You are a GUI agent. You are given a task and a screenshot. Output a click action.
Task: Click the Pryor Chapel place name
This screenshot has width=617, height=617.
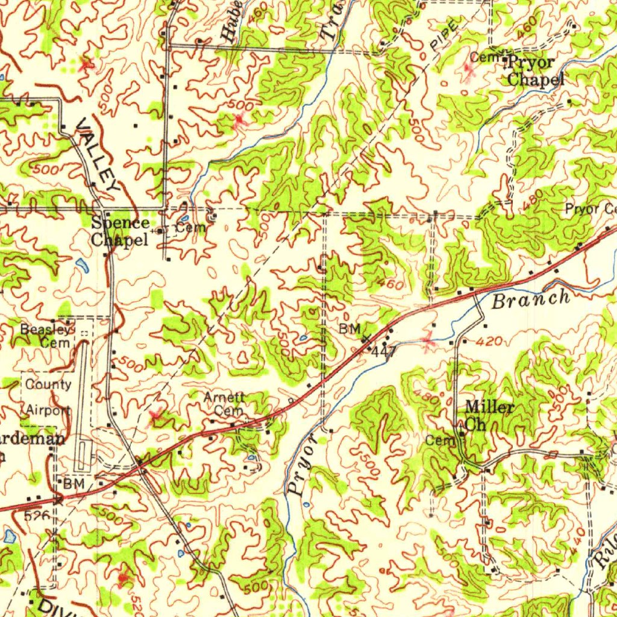[535, 70]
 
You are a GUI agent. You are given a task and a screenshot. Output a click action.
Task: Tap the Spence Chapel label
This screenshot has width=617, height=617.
[120, 231]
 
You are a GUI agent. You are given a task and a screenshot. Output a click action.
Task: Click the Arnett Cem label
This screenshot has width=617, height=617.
[224, 404]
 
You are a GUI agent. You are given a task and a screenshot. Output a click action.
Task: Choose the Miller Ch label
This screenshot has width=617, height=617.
[489, 415]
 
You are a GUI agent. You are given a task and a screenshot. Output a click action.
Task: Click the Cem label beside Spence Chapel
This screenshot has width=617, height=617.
[192, 228]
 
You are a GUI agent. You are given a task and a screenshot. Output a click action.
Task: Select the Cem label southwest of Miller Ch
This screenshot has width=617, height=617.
[441, 440]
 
